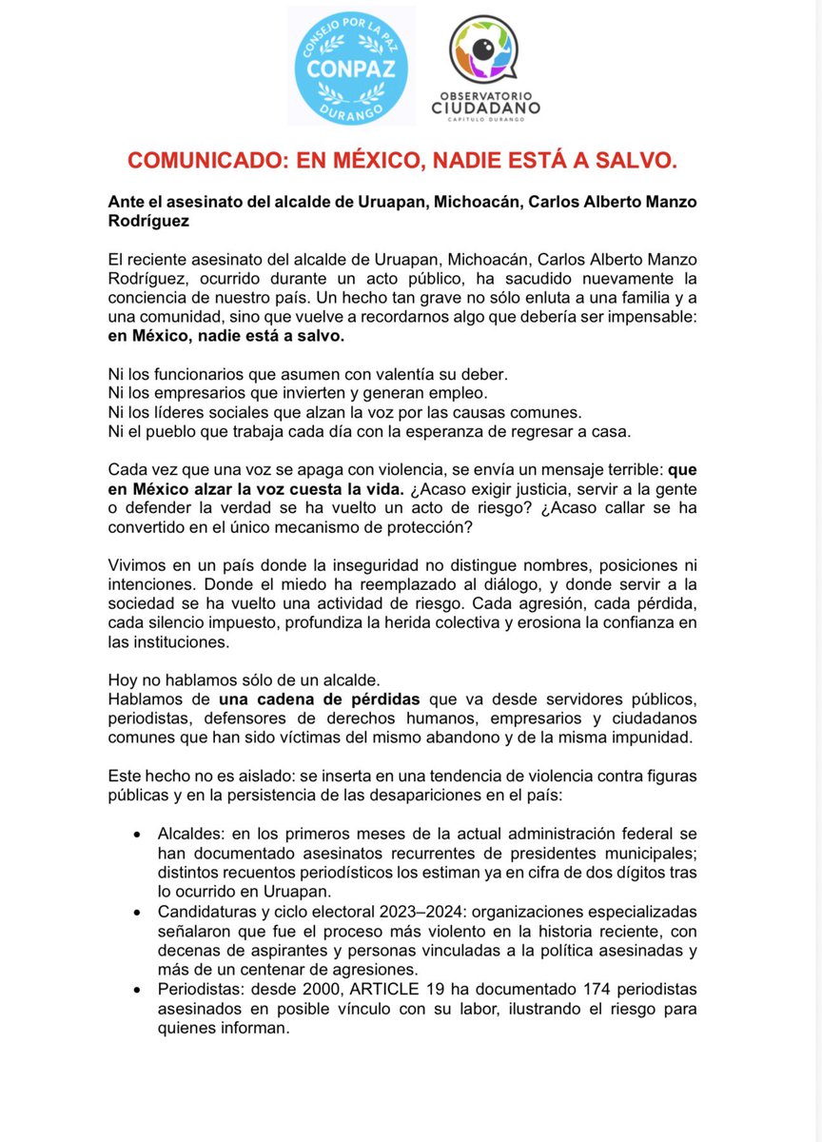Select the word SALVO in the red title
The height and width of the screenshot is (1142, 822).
point(640,161)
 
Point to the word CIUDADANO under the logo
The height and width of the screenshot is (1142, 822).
point(486,109)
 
